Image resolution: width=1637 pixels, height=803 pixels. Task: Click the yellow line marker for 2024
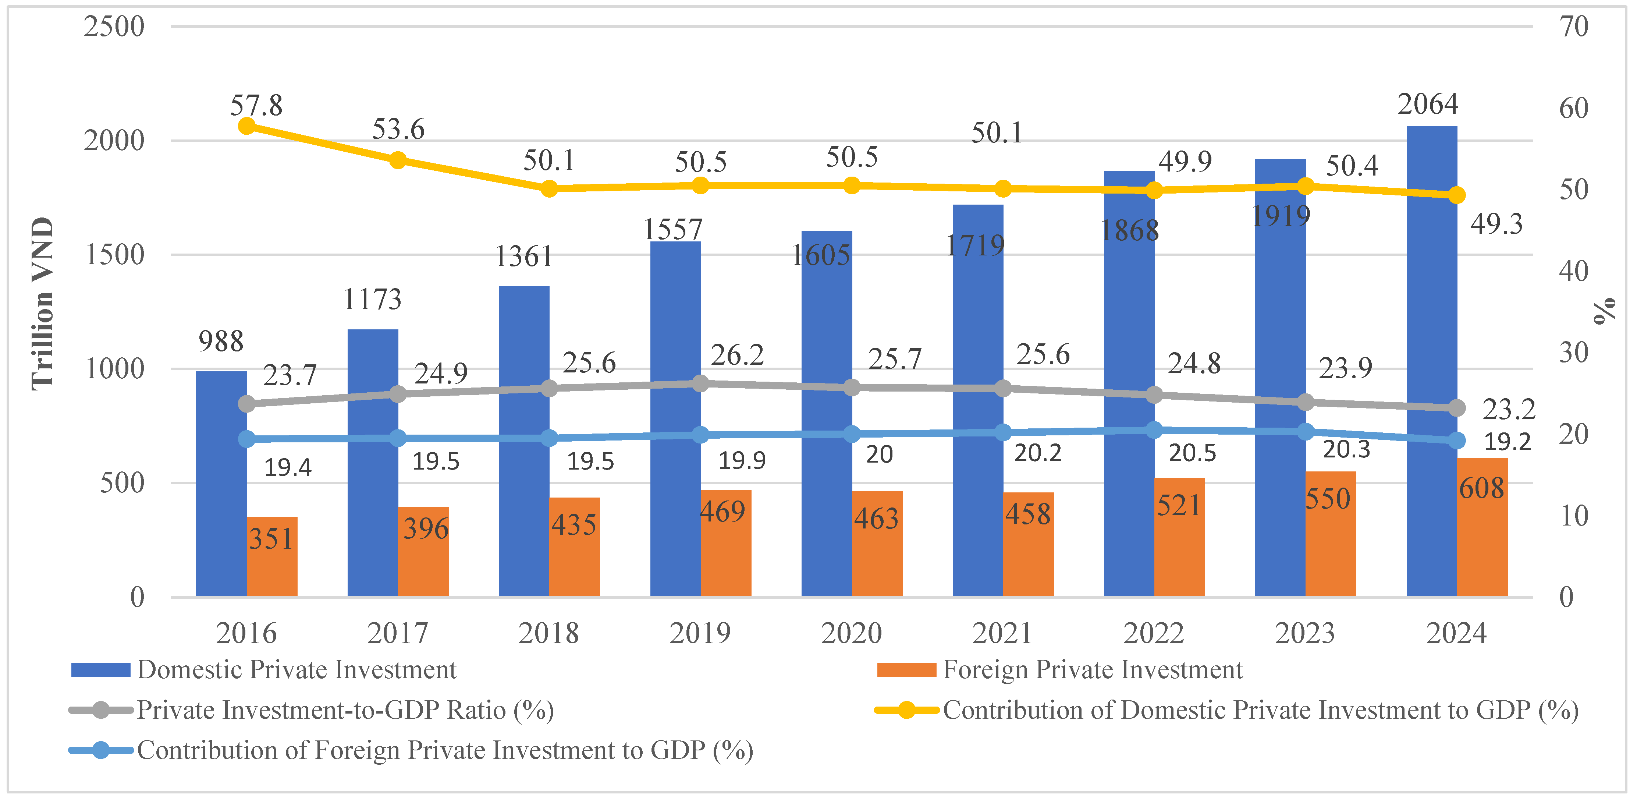tap(1456, 195)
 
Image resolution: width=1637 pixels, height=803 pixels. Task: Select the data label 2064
tap(1427, 104)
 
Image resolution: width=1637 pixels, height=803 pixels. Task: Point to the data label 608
tap(1481, 488)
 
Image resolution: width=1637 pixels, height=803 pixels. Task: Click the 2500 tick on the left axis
tap(114, 27)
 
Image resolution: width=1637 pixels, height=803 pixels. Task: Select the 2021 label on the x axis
tap(1002, 633)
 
